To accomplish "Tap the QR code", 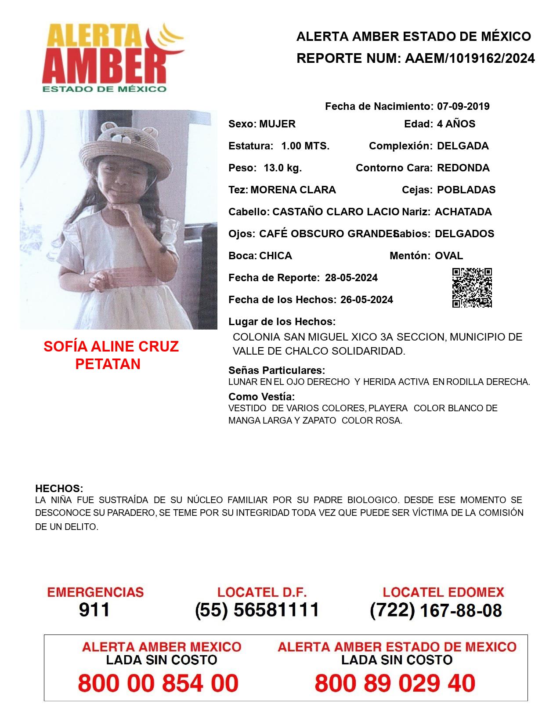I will [472, 288].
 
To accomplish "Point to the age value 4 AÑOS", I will [456, 124].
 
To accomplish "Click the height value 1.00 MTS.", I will [305, 146].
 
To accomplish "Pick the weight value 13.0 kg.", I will [282, 168].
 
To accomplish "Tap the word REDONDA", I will [463, 168].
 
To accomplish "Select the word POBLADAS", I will [466, 190].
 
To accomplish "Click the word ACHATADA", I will [463, 212].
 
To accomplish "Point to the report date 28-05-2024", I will [351, 278].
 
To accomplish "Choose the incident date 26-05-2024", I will [366, 300].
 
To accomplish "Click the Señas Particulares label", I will [277, 370].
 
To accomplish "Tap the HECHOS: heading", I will [59, 489].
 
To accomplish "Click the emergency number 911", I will [94, 610].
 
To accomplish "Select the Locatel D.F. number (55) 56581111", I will [257, 610].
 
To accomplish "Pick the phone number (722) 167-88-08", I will [436, 610].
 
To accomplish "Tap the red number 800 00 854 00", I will [158, 683].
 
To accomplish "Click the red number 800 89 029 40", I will [395, 683].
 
